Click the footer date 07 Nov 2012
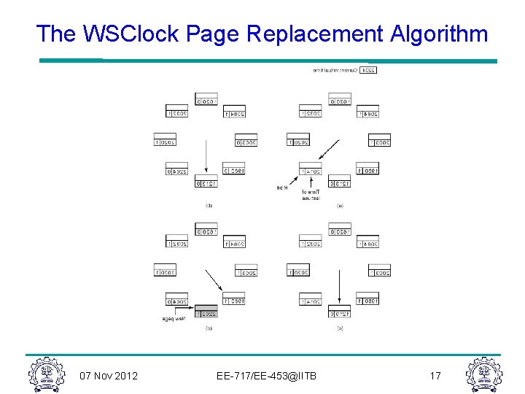[108, 376]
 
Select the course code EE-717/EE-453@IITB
[266, 376]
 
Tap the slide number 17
[435, 376]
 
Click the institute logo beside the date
[47, 374]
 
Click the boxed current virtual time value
[368, 70]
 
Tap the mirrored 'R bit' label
[281, 188]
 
